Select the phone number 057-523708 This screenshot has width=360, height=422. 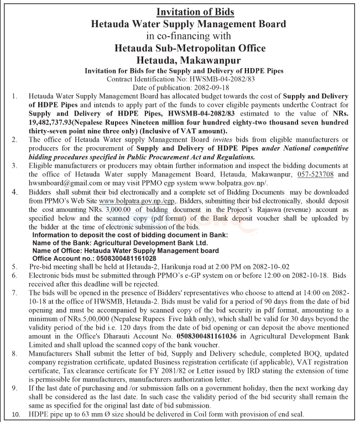(297, 174)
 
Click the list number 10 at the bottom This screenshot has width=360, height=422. (15, 415)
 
